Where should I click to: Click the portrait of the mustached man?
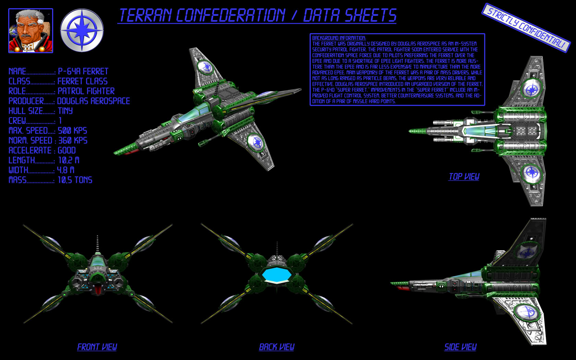(31, 31)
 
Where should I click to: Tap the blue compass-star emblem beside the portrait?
(82, 31)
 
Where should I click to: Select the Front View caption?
(97, 347)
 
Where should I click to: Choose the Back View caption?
(276, 347)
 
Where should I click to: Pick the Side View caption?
(460, 347)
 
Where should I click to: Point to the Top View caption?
(464, 177)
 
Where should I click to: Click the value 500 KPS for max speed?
(72, 131)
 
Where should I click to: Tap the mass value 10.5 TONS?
(75, 180)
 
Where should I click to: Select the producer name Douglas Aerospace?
(93, 101)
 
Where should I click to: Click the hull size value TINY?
(65, 111)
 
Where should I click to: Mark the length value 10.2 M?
(69, 160)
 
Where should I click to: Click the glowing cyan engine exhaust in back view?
(276, 274)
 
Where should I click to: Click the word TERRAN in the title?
(145, 15)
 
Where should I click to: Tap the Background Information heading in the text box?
(339, 38)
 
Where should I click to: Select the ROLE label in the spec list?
(17, 91)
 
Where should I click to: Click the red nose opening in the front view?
(98, 290)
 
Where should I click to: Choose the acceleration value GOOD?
(67, 151)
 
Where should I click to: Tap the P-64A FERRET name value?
(83, 71)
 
